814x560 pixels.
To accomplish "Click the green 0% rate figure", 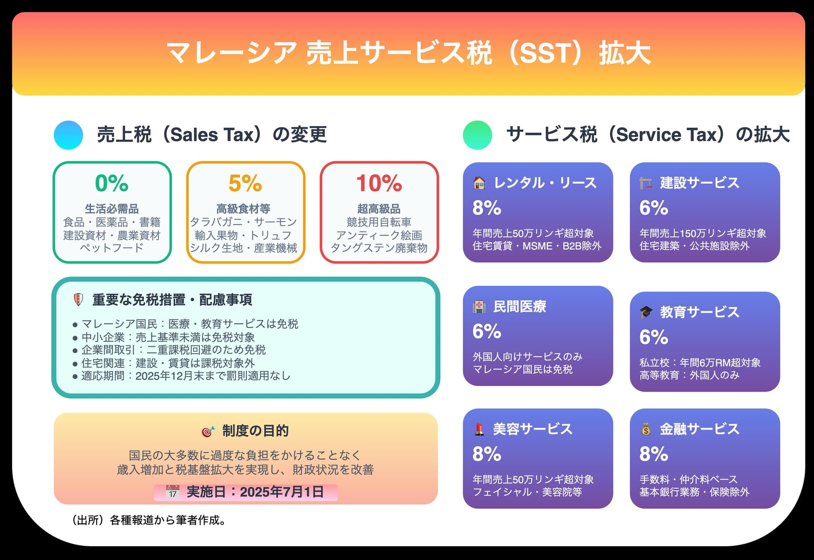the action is click(x=111, y=183).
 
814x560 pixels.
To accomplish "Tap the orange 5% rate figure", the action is click(x=245, y=183).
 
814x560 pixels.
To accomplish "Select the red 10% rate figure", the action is click(x=379, y=183).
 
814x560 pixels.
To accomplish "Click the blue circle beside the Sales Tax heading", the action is click(x=68, y=135).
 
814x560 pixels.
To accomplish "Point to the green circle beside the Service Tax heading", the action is click(x=478, y=135).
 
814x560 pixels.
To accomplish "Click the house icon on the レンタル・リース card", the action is click(x=479, y=183).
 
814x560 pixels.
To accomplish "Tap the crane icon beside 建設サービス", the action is click(x=646, y=183).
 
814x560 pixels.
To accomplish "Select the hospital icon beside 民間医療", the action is click(x=479, y=306).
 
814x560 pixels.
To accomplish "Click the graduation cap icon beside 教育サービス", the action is click(x=646, y=312).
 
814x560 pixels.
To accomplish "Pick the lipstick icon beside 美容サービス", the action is click(x=479, y=429).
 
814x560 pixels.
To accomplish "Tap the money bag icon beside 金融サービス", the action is click(x=646, y=429).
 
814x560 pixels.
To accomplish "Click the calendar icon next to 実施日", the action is click(x=172, y=492).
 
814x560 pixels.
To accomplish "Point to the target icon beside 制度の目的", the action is click(x=208, y=431).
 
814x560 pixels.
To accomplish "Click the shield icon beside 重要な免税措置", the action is click(x=78, y=300).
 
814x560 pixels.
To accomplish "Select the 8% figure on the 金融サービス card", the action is click(x=654, y=454).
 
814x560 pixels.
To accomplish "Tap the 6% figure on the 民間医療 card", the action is click(x=487, y=331).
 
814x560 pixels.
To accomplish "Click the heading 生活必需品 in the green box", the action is click(x=111, y=209).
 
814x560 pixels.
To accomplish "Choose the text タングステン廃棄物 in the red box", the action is click(x=379, y=248).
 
